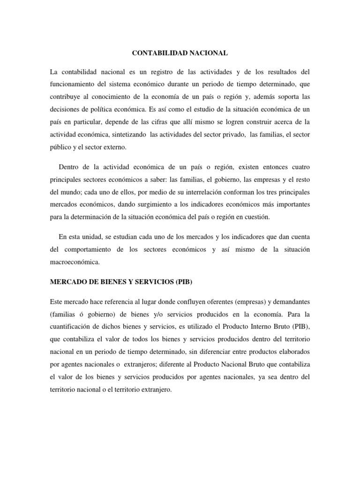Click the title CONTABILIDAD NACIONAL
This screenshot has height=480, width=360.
[x=180, y=53]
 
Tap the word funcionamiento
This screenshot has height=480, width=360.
[x=76, y=84]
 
